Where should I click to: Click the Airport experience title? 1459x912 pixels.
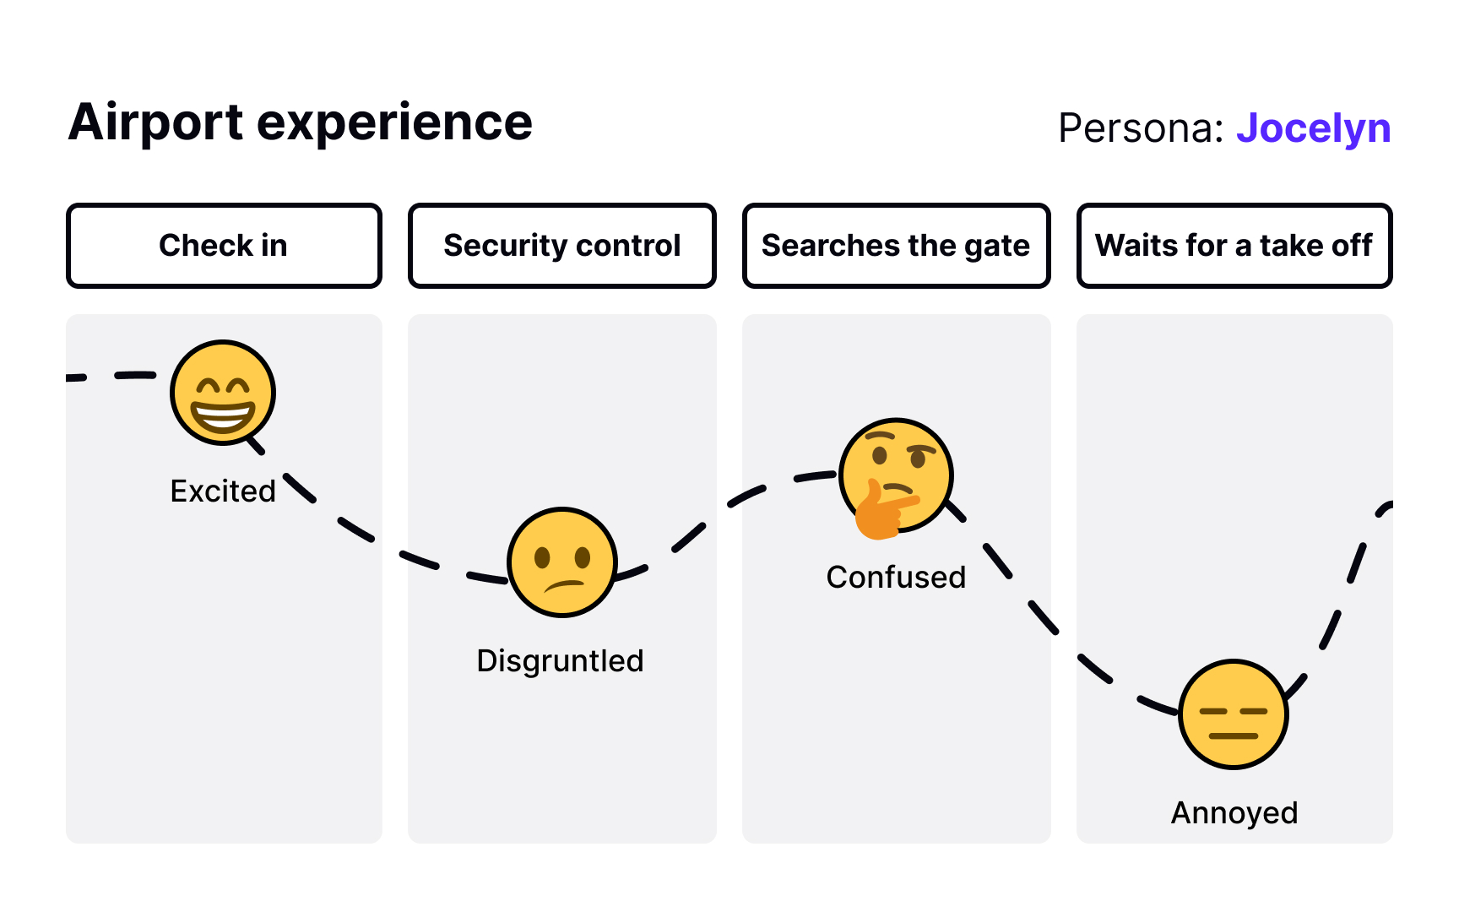(300, 122)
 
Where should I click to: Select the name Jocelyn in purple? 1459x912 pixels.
(1313, 128)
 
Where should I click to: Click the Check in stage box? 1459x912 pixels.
(224, 246)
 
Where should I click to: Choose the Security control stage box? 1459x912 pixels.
(562, 246)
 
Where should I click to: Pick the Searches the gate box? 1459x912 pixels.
(896, 246)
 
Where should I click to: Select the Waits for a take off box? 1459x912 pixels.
(1234, 246)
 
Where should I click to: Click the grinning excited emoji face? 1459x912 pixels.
(223, 393)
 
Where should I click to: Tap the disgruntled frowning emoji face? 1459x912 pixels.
(562, 562)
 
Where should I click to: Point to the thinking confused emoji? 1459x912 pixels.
(898, 473)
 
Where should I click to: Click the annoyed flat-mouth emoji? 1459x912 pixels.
(1234, 714)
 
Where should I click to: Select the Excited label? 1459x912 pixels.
(223, 491)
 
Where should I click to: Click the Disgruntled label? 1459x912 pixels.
(560, 660)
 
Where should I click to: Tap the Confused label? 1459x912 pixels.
(896, 577)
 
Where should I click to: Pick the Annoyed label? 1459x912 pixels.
(1234, 812)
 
